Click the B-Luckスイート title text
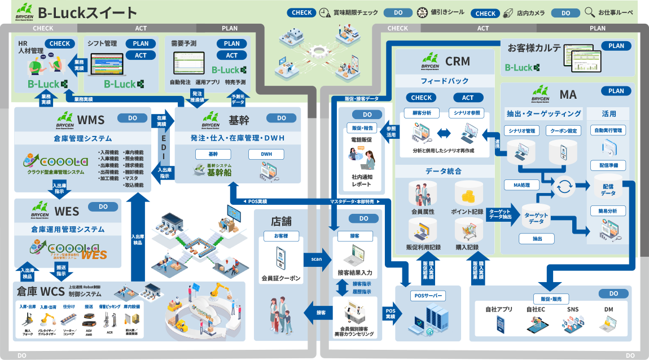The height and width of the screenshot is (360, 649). [x=87, y=12]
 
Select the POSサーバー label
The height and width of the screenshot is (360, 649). [x=427, y=296]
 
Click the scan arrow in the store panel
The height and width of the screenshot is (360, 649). [x=317, y=259]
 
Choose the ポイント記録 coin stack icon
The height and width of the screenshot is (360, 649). [x=468, y=194]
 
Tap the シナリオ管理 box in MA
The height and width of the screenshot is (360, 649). [x=522, y=131]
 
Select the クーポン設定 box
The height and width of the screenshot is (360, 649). [x=565, y=131]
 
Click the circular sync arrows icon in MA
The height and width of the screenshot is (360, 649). [x=563, y=187]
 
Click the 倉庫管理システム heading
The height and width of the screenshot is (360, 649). [x=83, y=138]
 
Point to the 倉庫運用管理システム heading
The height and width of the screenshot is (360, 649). [x=68, y=229]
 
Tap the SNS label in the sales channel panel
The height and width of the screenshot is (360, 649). [x=572, y=309]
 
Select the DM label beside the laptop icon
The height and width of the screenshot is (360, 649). [x=608, y=309]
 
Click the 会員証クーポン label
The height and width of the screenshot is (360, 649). [x=281, y=279]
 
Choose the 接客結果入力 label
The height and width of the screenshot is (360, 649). [x=355, y=273]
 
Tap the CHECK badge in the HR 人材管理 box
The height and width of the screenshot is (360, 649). [x=60, y=43]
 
